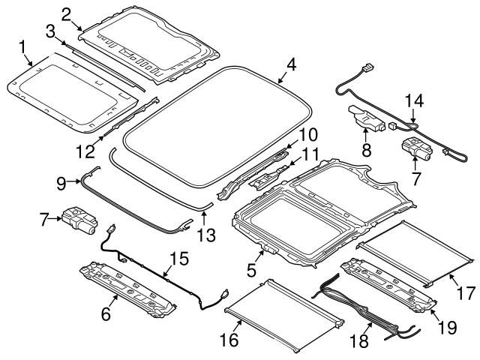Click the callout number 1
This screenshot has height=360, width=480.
point(22,49)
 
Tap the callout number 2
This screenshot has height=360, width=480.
point(67,13)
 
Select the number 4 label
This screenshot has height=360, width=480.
point(291,64)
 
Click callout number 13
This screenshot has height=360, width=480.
point(206,235)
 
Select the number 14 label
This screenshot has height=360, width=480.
point(415,99)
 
